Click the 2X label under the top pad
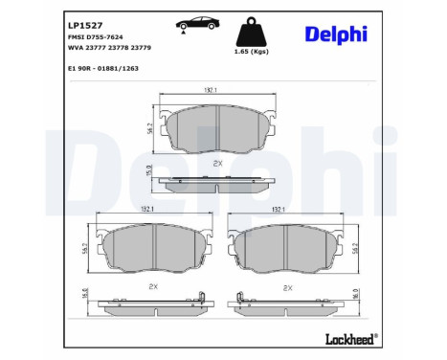218,164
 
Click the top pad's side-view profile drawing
218,184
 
